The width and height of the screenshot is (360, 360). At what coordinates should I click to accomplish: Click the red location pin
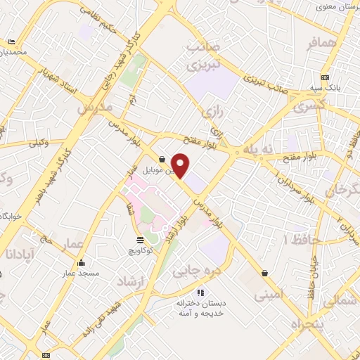pyautogui.click(x=181, y=165)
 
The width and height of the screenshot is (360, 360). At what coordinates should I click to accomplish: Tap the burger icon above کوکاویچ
pyautogui.click(x=138, y=240)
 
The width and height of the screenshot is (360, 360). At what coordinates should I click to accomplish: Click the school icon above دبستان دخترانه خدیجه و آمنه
pyautogui.click(x=200, y=292)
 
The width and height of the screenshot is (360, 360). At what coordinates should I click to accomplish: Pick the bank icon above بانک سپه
pyautogui.click(x=324, y=77)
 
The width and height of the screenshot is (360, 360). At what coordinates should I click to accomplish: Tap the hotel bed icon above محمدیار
pyautogui.click(x=13, y=42)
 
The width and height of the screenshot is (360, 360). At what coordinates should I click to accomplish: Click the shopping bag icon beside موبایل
pyautogui.click(x=162, y=159)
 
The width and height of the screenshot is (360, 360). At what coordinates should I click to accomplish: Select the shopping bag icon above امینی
pyautogui.click(x=264, y=273)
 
